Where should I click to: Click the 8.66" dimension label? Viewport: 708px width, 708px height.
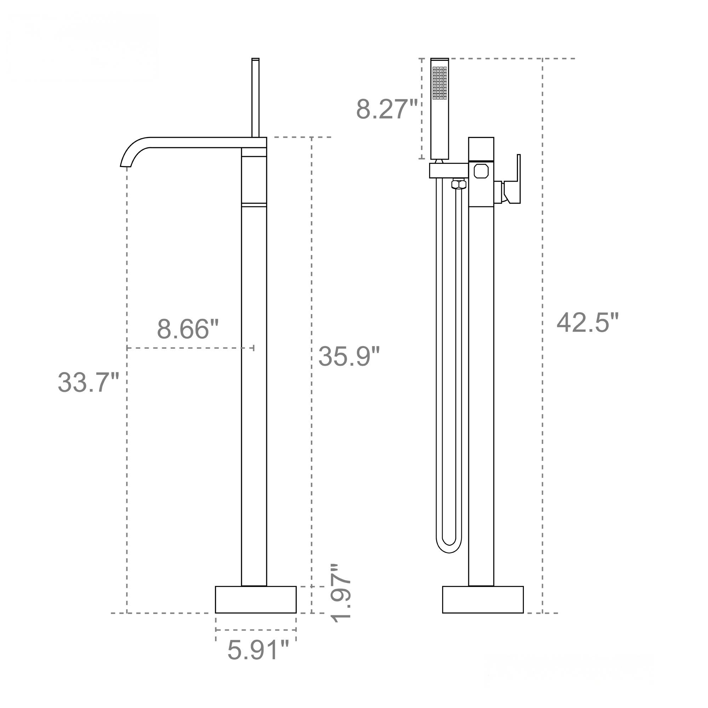188,329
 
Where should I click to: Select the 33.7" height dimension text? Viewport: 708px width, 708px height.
88,382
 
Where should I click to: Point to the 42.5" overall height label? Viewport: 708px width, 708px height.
587,323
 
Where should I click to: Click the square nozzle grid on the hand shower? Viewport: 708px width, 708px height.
439,83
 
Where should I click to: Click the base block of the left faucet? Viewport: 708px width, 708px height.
256,599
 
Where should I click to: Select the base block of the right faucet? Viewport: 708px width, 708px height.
483,599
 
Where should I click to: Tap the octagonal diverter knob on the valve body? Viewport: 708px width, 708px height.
481,171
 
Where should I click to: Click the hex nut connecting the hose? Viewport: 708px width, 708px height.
458,184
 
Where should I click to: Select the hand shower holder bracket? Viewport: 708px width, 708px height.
449,170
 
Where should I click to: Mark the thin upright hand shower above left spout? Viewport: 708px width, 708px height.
256,97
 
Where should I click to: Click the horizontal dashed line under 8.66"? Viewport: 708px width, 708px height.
190,348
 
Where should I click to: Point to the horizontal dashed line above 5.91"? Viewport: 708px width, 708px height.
256,630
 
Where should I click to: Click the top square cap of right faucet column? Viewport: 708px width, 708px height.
481,149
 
